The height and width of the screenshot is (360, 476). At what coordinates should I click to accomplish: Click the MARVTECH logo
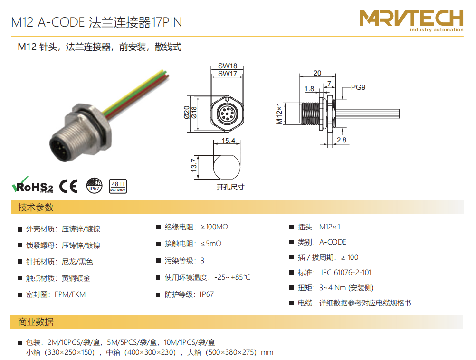[x=411, y=20]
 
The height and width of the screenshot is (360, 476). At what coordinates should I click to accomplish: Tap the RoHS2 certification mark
[x=32, y=185]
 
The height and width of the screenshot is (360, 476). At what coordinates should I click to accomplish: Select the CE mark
[x=68, y=186]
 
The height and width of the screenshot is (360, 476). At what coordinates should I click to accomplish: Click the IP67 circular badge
[x=94, y=186]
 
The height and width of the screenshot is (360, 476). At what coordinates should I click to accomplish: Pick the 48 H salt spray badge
[x=118, y=186]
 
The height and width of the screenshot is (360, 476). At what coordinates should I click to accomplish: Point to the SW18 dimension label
[x=228, y=66]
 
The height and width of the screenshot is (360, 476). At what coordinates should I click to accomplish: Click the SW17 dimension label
[x=228, y=74]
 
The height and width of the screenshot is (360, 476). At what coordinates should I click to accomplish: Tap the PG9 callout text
[x=358, y=87]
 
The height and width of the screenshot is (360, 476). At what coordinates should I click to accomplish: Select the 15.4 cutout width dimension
[x=228, y=141]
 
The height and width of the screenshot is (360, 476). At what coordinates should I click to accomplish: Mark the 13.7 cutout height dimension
[x=194, y=165]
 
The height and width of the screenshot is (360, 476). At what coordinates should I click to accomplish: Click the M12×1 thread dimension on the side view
[x=279, y=114]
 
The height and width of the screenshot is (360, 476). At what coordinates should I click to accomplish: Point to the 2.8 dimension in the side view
[x=342, y=140]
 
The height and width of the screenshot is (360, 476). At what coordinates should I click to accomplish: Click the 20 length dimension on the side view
[x=317, y=73]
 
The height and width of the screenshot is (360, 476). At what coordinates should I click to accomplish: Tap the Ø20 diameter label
[x=187, y=112]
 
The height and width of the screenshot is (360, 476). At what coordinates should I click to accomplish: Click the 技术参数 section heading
[x=36, y=208]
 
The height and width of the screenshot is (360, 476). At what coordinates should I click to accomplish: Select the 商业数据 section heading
[x=36, y=322]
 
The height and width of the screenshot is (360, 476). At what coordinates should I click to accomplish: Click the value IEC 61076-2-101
[x=346, y=273]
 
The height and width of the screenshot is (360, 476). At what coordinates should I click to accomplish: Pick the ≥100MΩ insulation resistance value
[x=214, y=227]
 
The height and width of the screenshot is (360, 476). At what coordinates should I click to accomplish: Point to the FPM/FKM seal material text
[x=70, y=294]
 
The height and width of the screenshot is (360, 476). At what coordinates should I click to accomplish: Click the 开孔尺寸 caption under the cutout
[x=230, y=187]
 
